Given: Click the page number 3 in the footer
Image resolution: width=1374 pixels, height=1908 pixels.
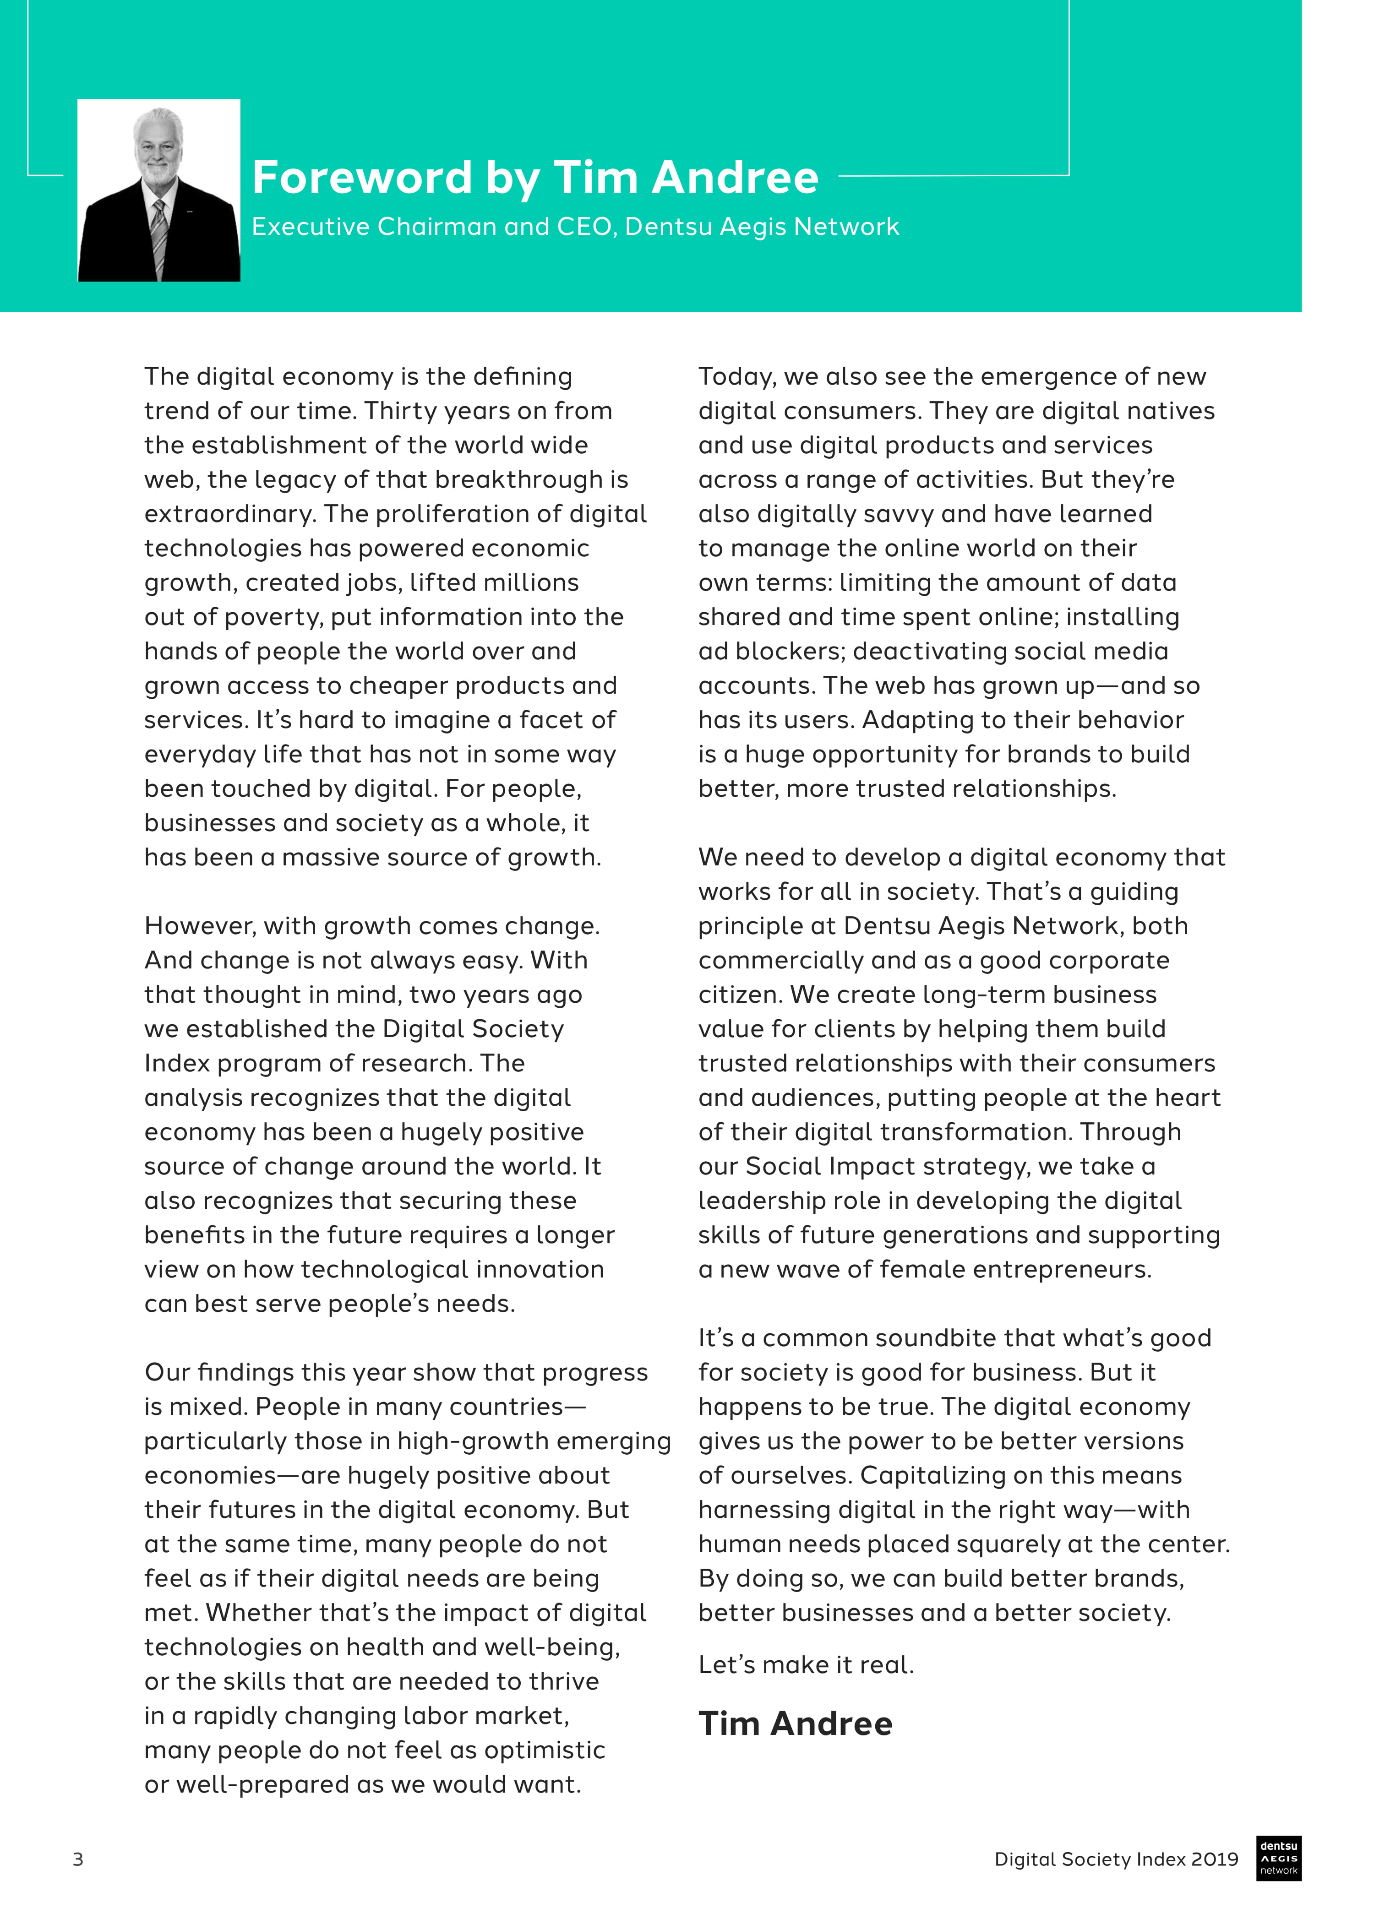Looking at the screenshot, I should click(x=78, y=1859).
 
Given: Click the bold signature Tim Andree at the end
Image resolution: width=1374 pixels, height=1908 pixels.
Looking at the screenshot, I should click(x=795, y=1724).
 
